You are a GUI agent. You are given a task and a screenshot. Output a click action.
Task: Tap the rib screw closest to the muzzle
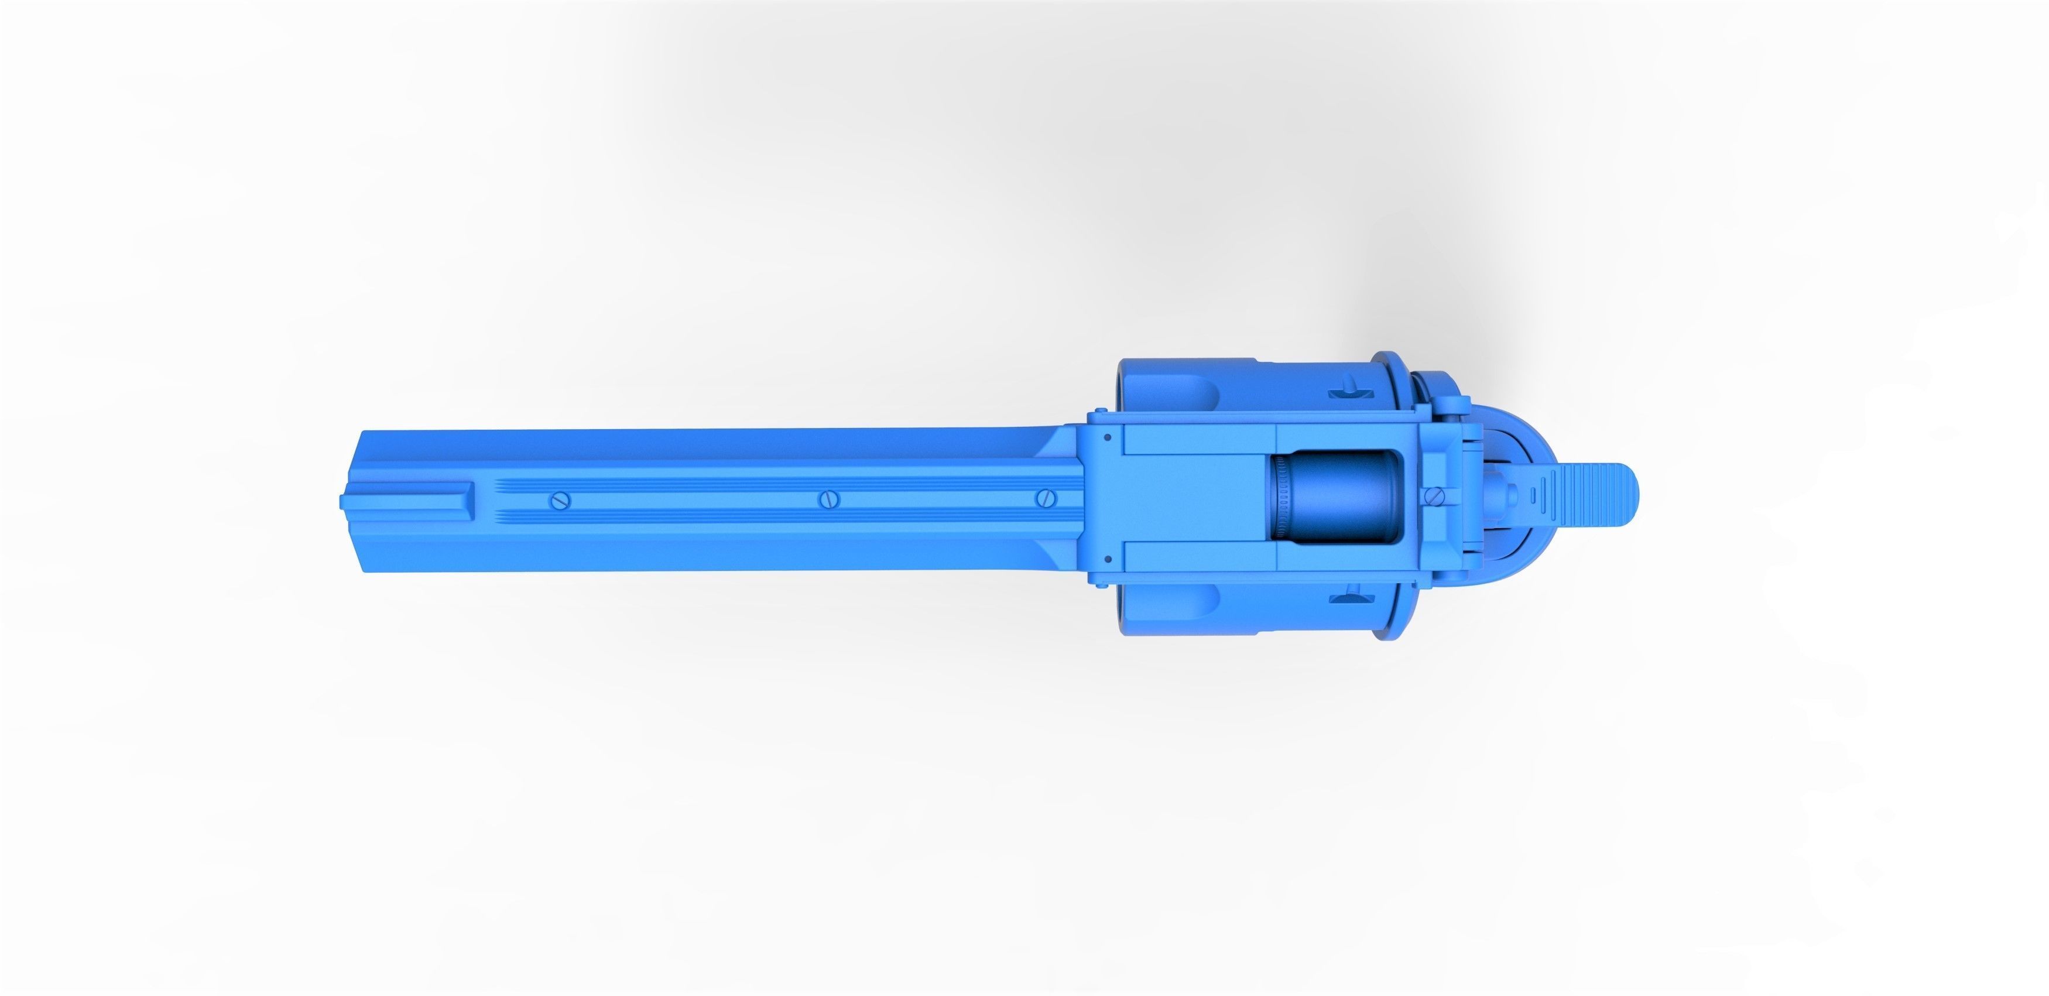coord(560,501)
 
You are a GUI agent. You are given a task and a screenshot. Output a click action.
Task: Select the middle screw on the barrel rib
coord(829,499)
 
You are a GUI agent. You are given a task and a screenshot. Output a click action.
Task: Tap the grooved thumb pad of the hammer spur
coord(1583,499)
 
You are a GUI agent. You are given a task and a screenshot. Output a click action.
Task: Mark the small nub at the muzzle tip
coord(343,501)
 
